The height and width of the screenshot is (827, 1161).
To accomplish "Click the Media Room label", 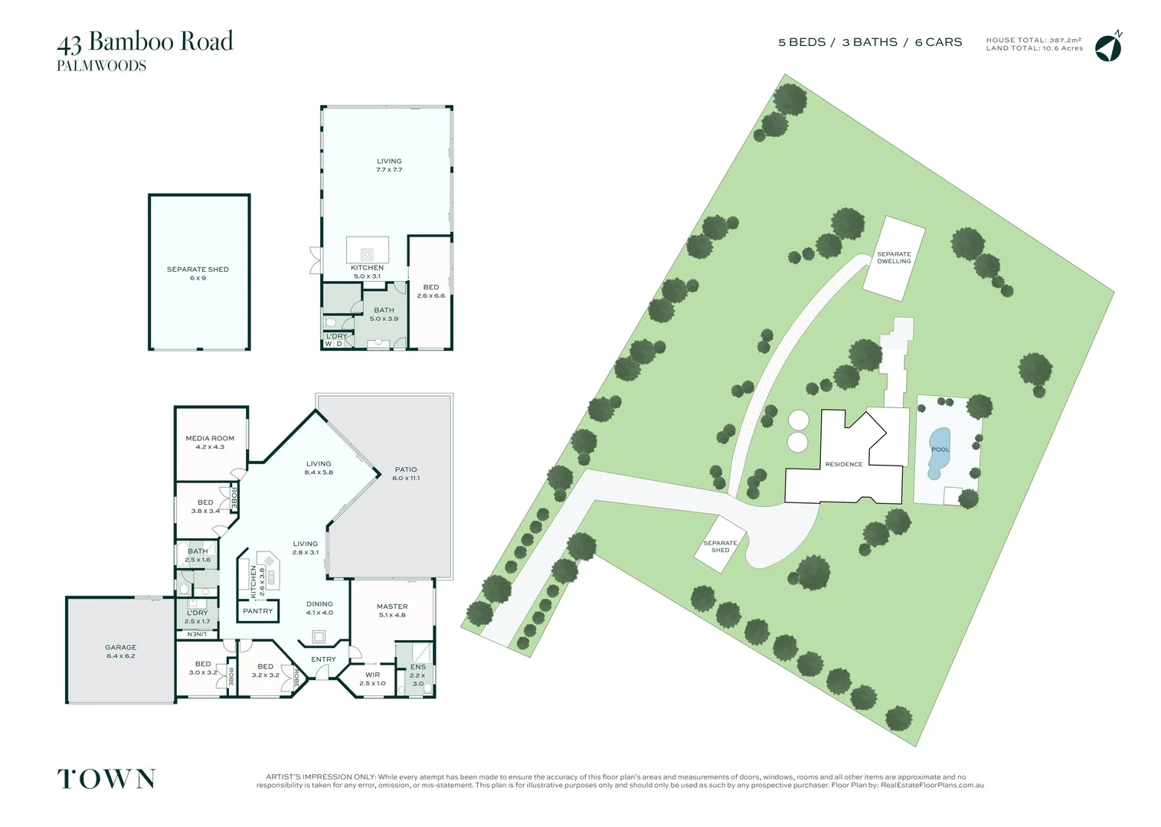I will pos(210,443).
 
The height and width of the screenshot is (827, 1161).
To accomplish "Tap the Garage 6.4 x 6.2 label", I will pos(121,652).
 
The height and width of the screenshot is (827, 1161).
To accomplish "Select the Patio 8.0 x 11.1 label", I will pos(406,473).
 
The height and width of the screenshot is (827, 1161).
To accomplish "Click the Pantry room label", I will pos(257,611).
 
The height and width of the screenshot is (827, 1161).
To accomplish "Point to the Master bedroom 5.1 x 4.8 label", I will pos(392,610).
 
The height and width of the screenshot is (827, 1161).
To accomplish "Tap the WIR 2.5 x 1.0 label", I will pos(372,678).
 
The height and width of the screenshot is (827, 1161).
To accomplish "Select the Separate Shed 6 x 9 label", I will pos(198,273).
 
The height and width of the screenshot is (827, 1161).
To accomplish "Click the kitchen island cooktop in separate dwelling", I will pos(367,253).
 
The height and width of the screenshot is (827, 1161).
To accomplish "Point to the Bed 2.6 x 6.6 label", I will pos(430,291).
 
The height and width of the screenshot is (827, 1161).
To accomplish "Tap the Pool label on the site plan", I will pos(940,449).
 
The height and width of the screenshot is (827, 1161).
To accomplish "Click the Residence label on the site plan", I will pos(843,464).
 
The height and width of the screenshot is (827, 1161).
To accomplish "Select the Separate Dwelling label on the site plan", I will pos(894,257).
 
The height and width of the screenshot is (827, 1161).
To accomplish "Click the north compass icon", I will pos(1107,47).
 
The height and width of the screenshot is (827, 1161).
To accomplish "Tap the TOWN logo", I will pos(106,779).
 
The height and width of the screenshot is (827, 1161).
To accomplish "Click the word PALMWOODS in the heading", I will pos(101,66).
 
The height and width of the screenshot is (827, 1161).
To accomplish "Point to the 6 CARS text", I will pos(938,42).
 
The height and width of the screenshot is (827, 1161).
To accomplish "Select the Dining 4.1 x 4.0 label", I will pos(319,608).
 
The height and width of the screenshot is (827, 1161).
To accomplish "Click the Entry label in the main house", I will pos(323,659).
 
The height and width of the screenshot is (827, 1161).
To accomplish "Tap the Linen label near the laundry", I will pos(197,634).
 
